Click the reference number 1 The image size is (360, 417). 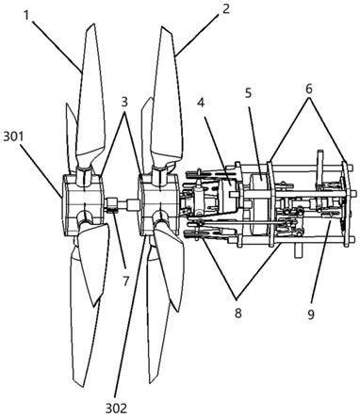tap(26, 15)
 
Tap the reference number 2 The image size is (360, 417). tap(225, 8)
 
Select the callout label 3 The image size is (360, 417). tap(124, 102)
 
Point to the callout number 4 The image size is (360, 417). tap(201, 103)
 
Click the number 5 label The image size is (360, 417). tap(249, 93)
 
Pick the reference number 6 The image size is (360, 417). tap(309, 89)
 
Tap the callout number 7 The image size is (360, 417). tap(125, 281)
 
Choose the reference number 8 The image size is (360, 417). tap(238, 313)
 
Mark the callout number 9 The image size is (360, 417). tap(311, 314)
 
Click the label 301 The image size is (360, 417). tap(14, 137)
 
